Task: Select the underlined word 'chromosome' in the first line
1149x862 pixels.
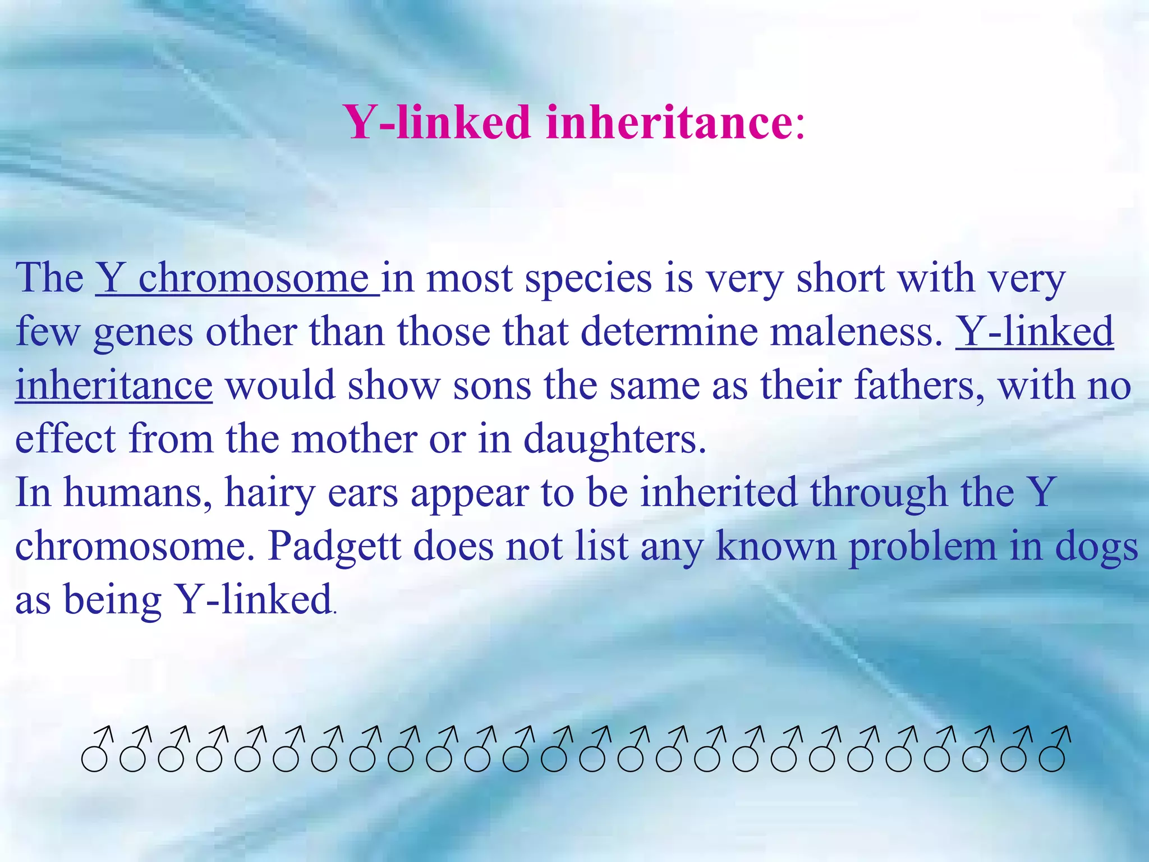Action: click(253, 278)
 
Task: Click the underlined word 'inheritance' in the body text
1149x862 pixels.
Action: click(114, 386)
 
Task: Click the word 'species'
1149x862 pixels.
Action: click(588, 278)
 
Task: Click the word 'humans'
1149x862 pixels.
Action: click(138, 493)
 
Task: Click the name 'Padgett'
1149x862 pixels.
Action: click(334, 546)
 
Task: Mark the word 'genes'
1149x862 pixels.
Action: click(143, 332)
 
